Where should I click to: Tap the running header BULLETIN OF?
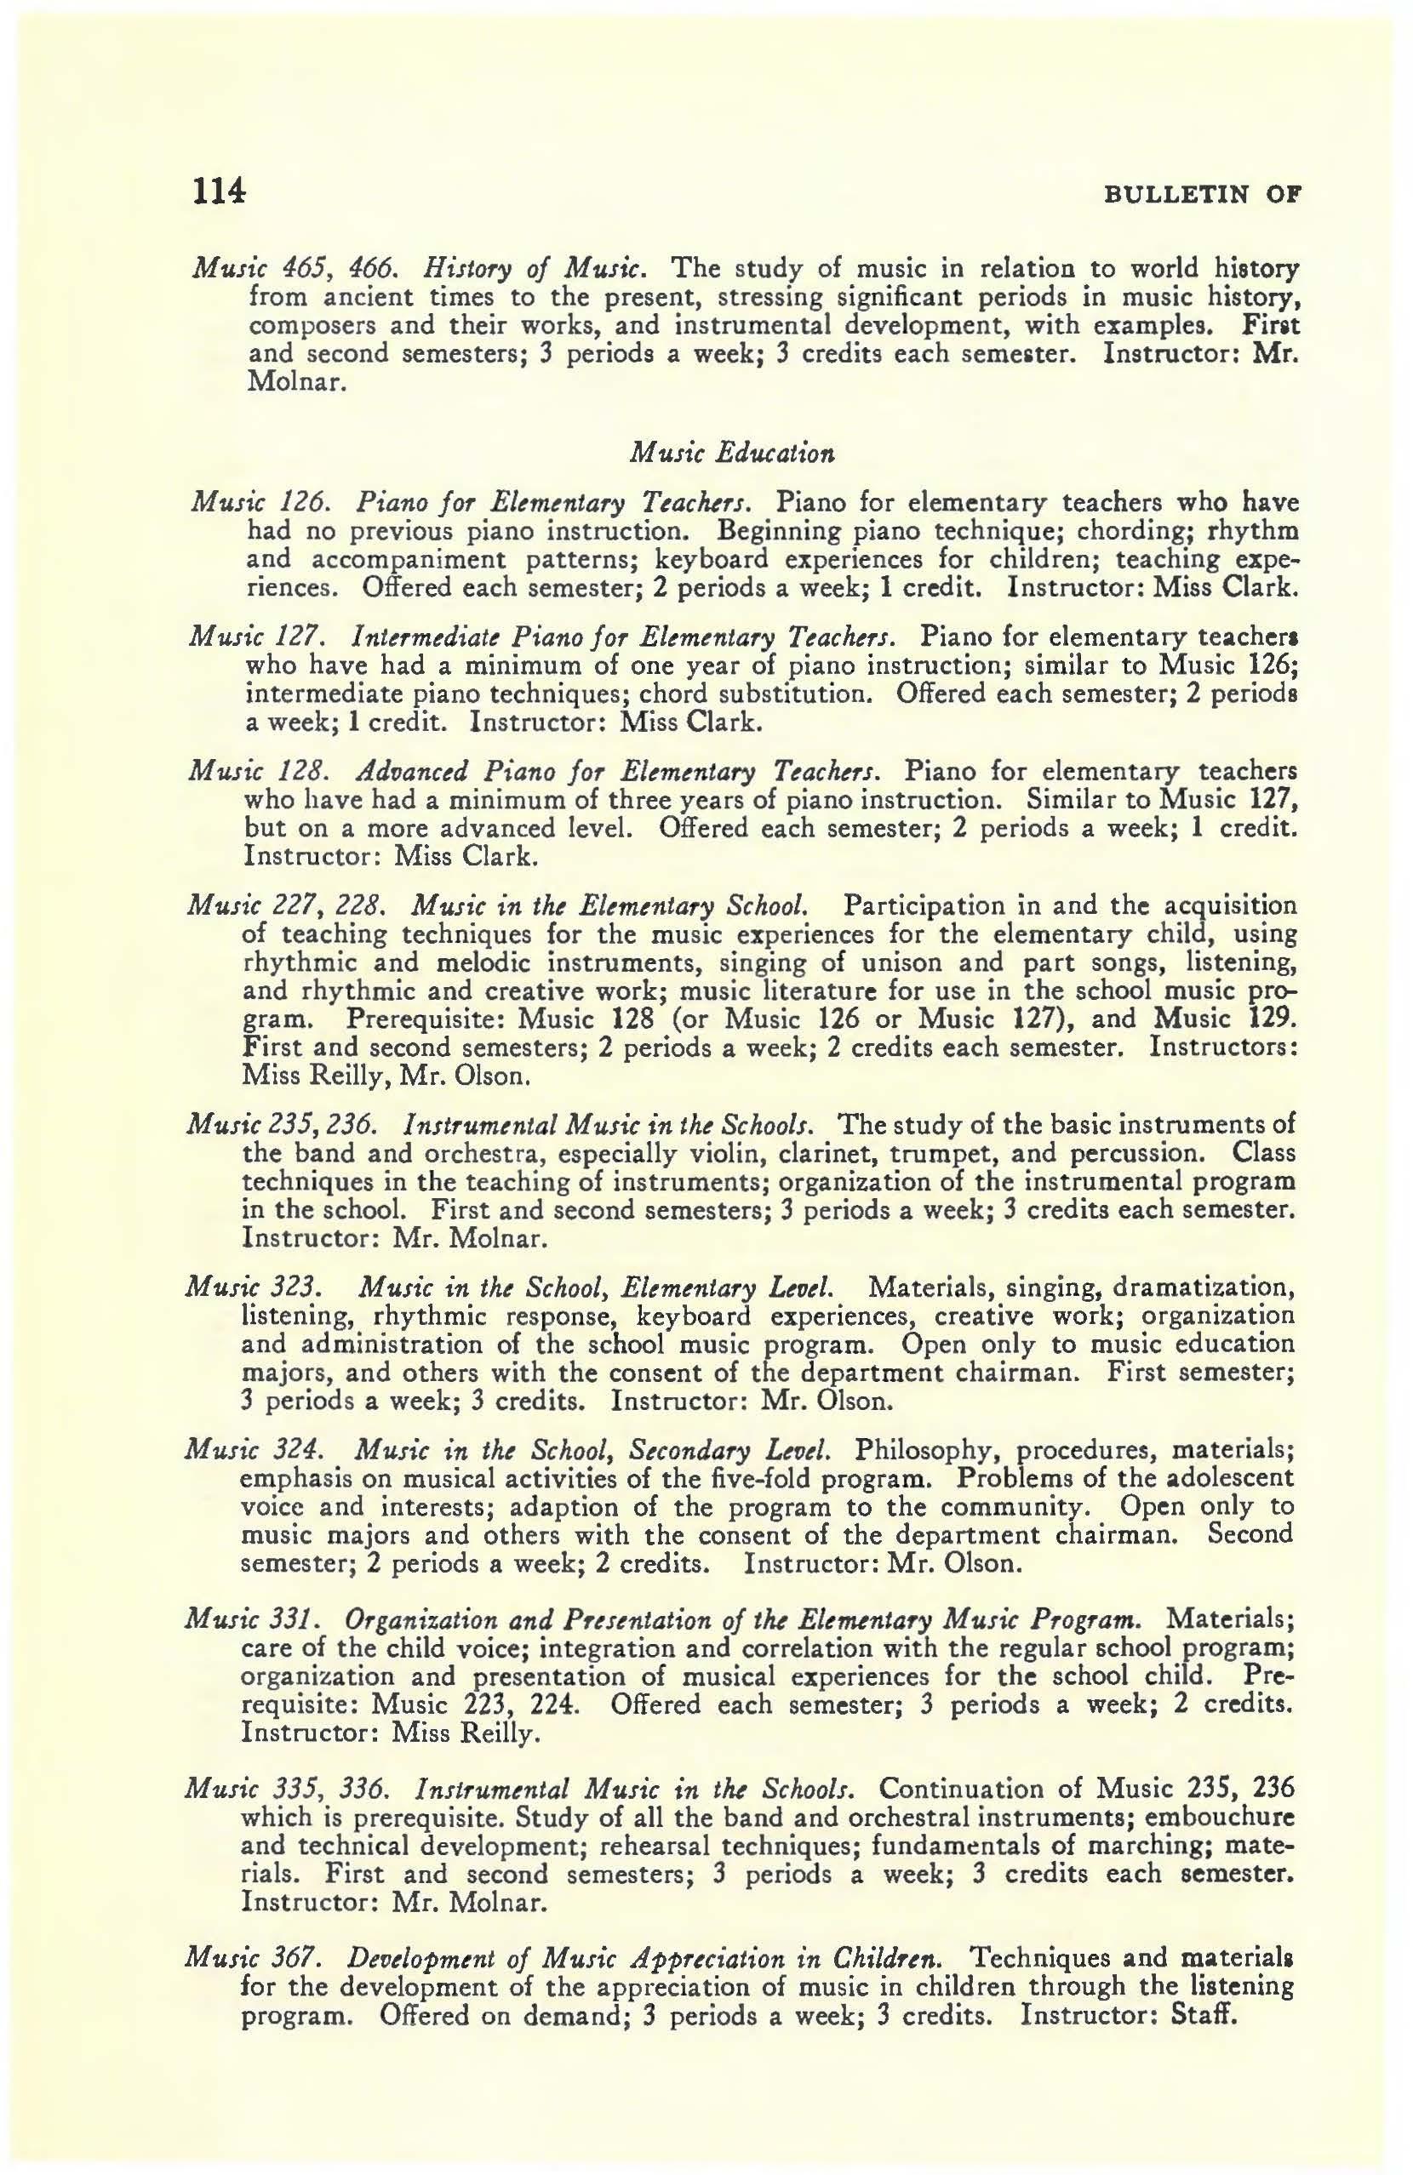1203,196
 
